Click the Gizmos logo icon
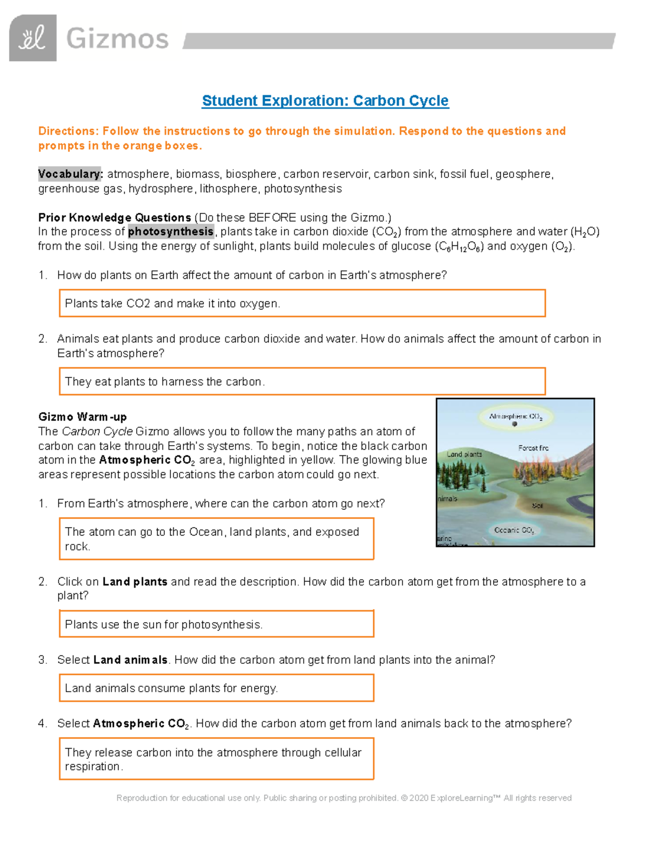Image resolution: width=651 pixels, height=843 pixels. click(x=33, y=38)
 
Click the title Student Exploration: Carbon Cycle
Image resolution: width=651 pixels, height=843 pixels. click(x=325, y=101)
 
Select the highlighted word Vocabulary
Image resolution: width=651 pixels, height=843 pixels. click(x=70, y=174)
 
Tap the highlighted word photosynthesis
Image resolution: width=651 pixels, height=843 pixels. click(x=170, y=232)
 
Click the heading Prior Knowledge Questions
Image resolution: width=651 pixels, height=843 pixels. click(x=114, y=218)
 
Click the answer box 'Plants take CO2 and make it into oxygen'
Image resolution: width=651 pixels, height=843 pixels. click(x=302, y=303)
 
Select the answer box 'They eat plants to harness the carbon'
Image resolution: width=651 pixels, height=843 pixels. click(x=302, y=382)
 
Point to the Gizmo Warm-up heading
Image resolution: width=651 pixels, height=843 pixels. click(x=82, y=417)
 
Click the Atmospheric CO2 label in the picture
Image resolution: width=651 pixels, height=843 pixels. click(x=515, y=416)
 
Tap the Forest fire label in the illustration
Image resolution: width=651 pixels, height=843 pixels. click(x=533, y=448)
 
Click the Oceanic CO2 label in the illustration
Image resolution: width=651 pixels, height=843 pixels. click(x=514, y=530)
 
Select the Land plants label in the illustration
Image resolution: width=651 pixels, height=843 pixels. click(x=464, y=454)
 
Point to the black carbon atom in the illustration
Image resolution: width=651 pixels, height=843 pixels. click(x=514, y=424)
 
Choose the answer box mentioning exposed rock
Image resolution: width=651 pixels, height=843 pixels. click(x=216, y=538)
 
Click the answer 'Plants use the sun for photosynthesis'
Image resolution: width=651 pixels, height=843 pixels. click(x=216, y=624)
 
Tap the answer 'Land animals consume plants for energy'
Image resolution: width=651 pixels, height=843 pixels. click(x=216, y=688)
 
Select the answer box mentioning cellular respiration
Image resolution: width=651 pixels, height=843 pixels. click(x=216, y=759)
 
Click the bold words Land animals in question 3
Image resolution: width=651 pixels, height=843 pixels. click(x=130, y=660)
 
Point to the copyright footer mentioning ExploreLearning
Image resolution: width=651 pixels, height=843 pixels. click(x=344, y=798)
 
